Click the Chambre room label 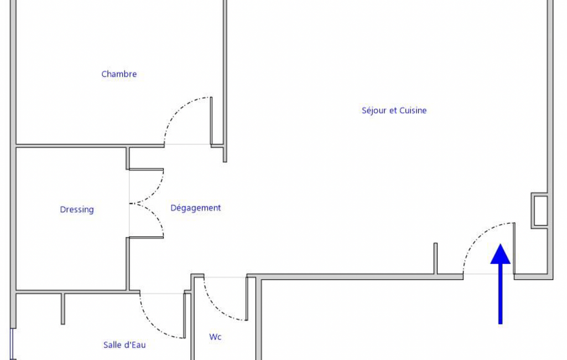click(x=119, y=74)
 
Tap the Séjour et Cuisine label click(x=394, y=110)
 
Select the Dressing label click(x=77, y=210)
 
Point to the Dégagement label click(x=196, y=208)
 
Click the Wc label click(x=215, y=337)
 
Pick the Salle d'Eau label click(x=124, y=345)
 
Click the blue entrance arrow click(x=501, y=284)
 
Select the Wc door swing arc click(x=216, y=308)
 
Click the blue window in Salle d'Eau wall click(x=12, y=344)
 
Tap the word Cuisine click(x=413, y=110)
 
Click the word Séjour click(x=374, y=110)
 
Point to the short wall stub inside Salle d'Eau click(x=63, y=308)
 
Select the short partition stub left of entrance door click(x=435, y=258)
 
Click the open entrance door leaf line click(x=514, y=248)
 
